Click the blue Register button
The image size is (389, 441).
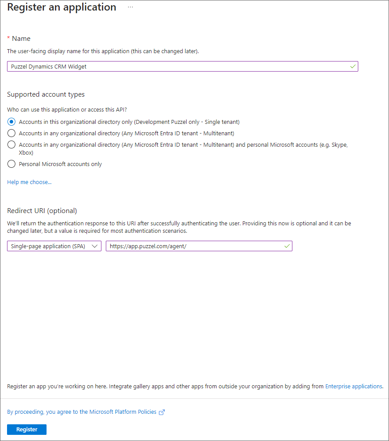[27, 429]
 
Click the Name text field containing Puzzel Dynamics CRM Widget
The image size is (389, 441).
[176, 66]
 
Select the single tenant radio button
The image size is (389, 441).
[11, 122]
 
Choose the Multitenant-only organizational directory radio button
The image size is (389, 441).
[11, 133]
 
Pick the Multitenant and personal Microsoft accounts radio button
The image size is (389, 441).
[11, 145]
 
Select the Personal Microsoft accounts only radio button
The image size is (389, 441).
[11, 164]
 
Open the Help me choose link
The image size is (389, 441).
[29, 182]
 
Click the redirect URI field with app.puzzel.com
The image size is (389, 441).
[193, 246]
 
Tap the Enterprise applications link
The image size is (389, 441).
[353, 386]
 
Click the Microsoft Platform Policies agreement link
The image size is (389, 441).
[82, 412]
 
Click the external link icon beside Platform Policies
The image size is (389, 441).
[162, 412]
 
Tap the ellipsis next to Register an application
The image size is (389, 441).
[130, 7]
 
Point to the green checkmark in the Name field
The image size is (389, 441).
[353, 66]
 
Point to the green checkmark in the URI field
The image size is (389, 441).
[287, 246]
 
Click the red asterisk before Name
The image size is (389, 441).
[8, 39]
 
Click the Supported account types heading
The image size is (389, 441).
[46, 94]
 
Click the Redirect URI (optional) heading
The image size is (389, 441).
[42, 210]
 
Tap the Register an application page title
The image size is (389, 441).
[61, 7]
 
